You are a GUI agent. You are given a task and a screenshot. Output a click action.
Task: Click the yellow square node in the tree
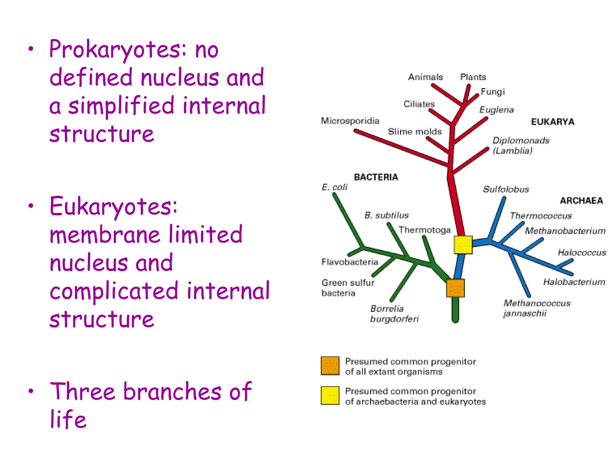(x=463, y=245)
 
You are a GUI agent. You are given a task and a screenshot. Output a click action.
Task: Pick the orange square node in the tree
(x=455, y=288)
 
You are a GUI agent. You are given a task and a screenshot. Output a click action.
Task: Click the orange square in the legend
(x=330, y=366)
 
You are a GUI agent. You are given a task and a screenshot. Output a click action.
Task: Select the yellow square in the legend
(x=330, y=395)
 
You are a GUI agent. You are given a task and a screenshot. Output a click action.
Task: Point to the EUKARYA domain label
(x=553, y=122)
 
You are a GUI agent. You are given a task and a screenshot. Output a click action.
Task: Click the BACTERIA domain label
(x=376, y=177)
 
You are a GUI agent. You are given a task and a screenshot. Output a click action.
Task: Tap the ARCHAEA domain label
(x=581, y=201)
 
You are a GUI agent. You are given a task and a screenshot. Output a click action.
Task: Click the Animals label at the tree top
(x=425, y=77)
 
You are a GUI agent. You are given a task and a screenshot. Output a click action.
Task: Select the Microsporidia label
(x=350, y=121)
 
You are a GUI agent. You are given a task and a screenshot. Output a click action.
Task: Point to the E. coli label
(x=334, y=187)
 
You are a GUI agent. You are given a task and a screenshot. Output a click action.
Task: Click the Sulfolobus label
(x=506, y=189)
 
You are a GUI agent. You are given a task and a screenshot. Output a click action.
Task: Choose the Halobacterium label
(x=574, y=282)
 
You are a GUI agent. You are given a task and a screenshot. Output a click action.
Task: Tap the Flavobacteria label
(x=350, y=262)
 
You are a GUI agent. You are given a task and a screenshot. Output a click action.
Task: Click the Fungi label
(x=493, y=92)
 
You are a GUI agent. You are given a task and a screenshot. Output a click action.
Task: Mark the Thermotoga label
(x=424, y=230)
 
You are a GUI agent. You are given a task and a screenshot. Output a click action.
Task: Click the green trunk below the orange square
(x=455, y=310)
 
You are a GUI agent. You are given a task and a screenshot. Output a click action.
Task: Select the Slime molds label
(x=415, y=131)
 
